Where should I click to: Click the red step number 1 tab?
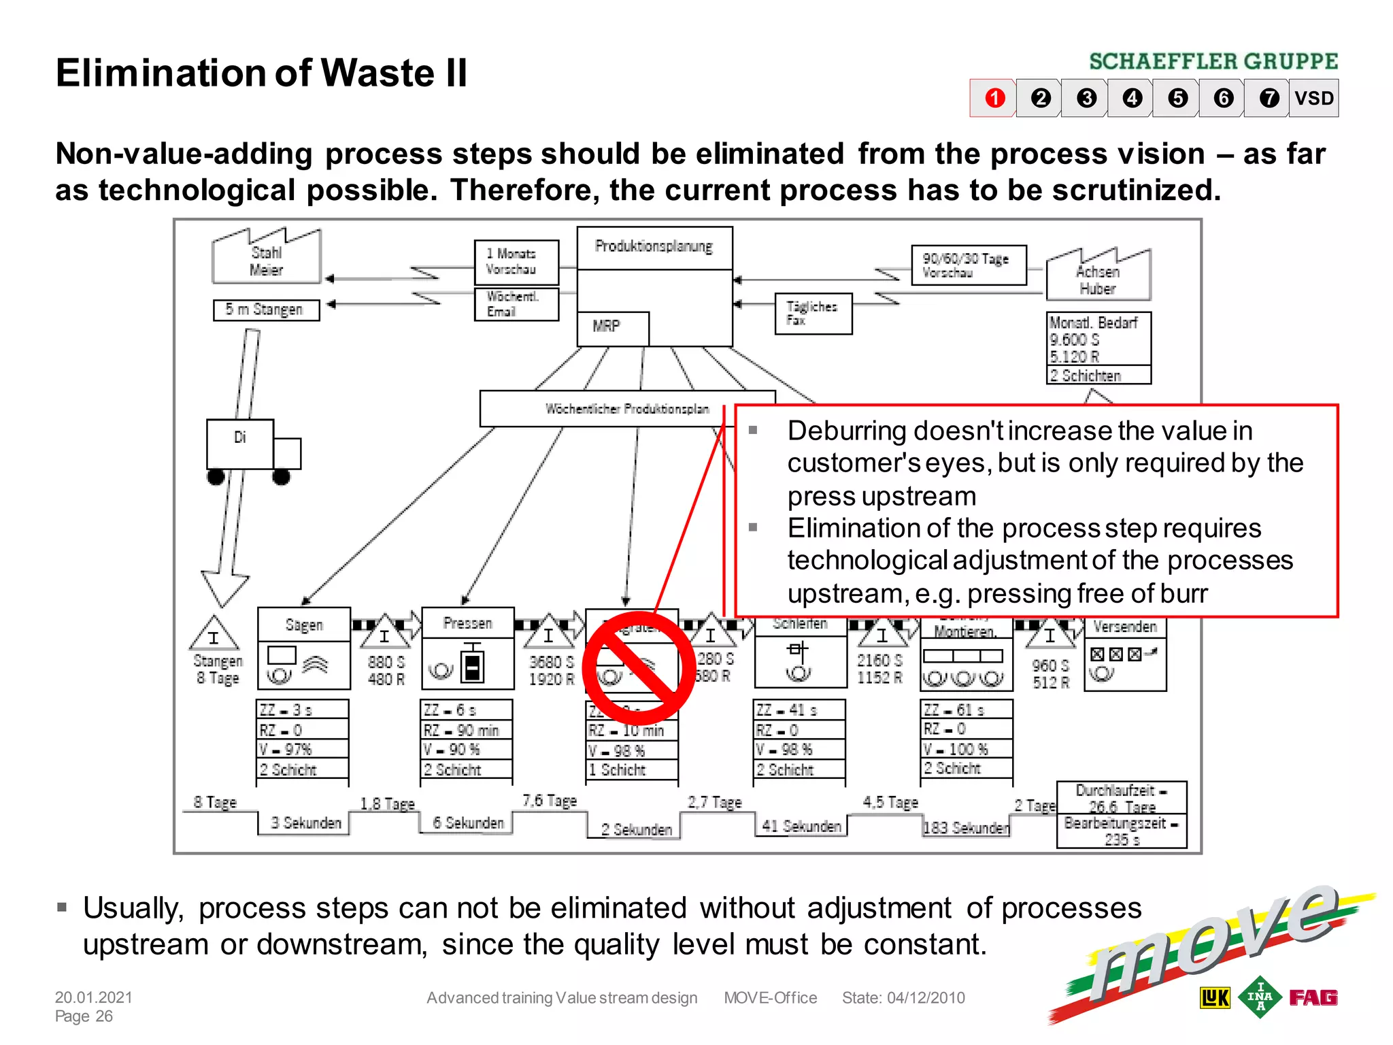click(994, 99)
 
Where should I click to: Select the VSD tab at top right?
click(1313, 99)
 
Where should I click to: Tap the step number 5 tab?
click(1177, 99)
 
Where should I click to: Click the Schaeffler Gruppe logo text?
click(1213, 62)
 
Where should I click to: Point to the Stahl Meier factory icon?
click(266, 258)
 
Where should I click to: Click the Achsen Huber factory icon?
click(1098, 276)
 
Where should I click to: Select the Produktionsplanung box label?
click(654, 247)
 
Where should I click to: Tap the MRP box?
click(611, 327)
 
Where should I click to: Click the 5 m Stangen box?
click(266, 310)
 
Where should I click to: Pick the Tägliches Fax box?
click(813, 314)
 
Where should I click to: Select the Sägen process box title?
click(304, 625)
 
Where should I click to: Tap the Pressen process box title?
click(467, 623)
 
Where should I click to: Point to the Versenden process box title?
click(1125, 627)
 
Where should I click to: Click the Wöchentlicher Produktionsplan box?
click(626, 409)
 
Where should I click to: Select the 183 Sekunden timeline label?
click(966, 828)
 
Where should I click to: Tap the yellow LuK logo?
click(1215, 997)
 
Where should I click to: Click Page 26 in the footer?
click(84, 1016)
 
